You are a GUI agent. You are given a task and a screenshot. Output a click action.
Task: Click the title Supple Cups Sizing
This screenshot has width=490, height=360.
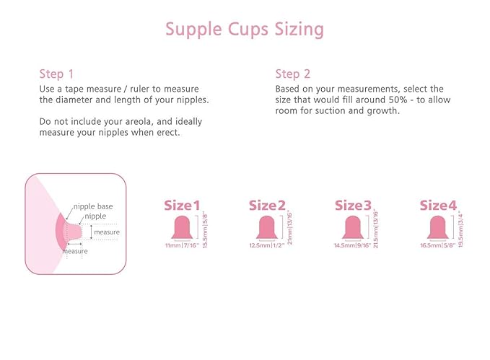coord(245,30)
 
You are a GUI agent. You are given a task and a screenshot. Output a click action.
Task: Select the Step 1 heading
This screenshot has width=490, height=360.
coord(56,74)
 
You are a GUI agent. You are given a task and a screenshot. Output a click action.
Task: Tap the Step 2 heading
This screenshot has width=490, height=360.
coord(293,74)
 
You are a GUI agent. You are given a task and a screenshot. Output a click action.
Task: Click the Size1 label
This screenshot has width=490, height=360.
coord(182,206)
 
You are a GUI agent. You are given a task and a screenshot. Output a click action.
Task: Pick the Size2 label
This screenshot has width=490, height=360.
coord(267,206)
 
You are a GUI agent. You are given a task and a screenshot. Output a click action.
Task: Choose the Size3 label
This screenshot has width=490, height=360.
coord(353,206)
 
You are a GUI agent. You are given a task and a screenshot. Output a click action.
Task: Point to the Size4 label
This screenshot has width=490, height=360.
coord(438,206)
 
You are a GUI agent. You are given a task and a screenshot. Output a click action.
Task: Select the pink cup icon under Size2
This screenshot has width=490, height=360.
coord(267,227)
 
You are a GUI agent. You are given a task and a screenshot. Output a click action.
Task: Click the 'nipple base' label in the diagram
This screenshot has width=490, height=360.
coord(93,206)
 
